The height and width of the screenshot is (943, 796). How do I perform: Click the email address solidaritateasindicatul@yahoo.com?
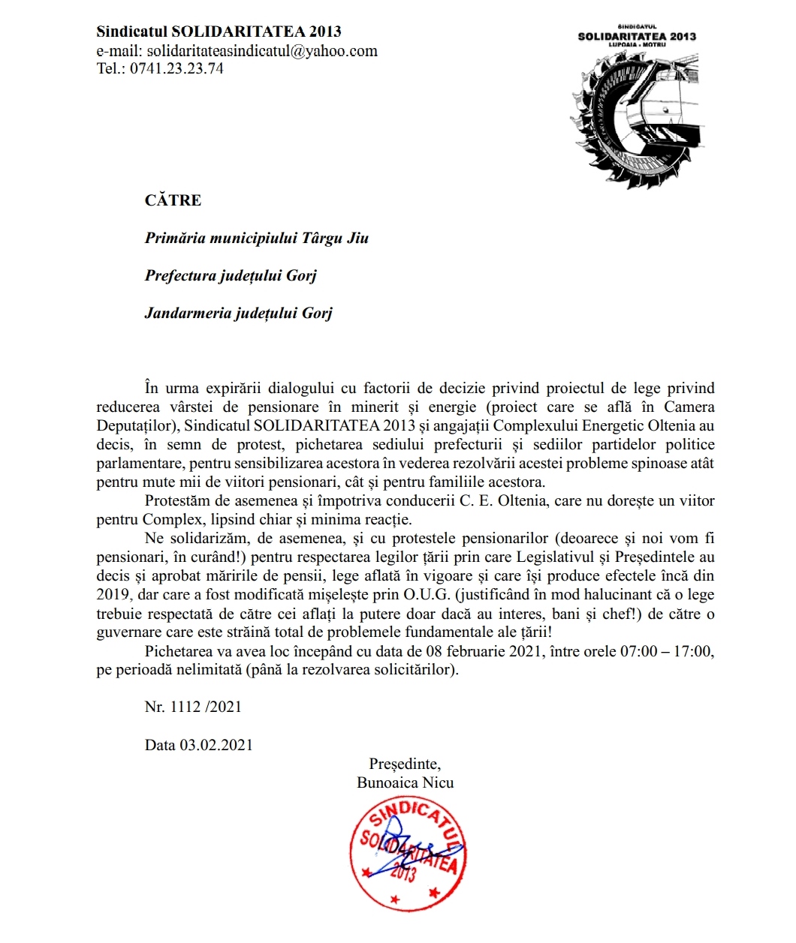(262, 51)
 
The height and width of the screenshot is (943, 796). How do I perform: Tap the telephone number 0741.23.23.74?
(176, 69)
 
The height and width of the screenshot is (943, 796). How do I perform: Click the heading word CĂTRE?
(173, 200)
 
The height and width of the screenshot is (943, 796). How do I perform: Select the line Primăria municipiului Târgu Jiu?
(256, 239)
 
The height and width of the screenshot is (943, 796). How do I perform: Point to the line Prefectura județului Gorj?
(231, 276)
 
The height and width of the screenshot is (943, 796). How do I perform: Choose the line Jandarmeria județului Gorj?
(238, 314)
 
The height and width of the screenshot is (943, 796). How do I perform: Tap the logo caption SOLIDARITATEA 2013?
(636, 36)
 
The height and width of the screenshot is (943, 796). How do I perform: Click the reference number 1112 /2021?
(206, 707)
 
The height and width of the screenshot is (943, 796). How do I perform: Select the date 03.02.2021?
(216, 745)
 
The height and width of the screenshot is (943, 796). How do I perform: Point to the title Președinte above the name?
(405, 764)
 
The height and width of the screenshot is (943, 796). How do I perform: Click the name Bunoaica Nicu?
(406, 782)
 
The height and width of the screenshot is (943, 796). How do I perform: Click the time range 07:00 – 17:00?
(666, 651)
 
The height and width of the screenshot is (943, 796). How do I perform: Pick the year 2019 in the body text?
(113, 595)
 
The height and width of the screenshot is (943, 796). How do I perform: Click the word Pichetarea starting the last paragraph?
(181, 651)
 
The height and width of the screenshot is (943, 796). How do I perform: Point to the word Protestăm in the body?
(180, 501)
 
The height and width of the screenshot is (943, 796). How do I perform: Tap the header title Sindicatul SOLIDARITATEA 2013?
(219, 32)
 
